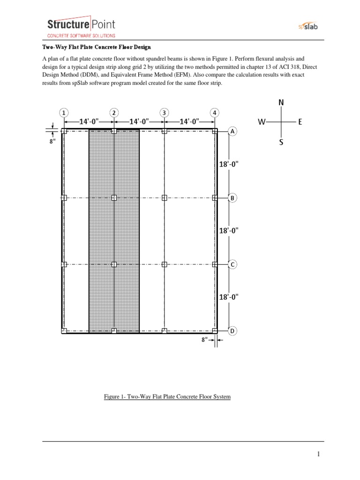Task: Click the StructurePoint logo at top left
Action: pyautogui.click(x=81, y=27)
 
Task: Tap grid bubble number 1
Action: pyautogui.click(x=63, y=112)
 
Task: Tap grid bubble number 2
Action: pyautogui.click(x=114, y=112)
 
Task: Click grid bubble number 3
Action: pyautogui.click(x=164, y=112)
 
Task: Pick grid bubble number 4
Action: pyautogui.click(x=214, y=112)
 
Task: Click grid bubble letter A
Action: pyautogui.click(x=232, y=132)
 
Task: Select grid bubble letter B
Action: pyautogui.click(x=232, y=198)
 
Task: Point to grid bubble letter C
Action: pyautogui.click(x=232, y=265)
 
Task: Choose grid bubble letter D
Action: pyautogui.click(x=232, y=331)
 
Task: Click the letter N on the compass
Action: pyautogui.click(x=281, y=102)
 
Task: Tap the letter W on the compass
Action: pyautogui.click(x=262, y=122)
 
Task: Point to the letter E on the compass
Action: pyautogui.click(x=300, y=122)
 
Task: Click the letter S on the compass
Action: pyautogui.click(x=281, y=142)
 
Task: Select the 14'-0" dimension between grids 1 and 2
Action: pyautogui.click(x=89, y=121)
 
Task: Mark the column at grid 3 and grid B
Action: pyautogui.click(x=164, y=198)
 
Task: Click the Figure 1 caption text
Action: pyautogui.click(x=167, y=397)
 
